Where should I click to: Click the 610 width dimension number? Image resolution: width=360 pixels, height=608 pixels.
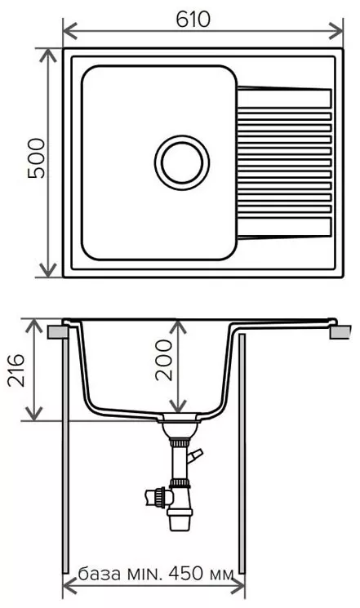pos(193,20)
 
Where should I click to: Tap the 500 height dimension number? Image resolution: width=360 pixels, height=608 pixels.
pos(37,158)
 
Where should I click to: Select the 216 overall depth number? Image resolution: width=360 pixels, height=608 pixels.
pos(16,370)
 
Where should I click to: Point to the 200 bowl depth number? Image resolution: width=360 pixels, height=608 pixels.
pos(163,360)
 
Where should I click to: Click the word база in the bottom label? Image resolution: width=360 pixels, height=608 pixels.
pos(100,574)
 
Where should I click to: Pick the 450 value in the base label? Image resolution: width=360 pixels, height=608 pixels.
pos(185,573)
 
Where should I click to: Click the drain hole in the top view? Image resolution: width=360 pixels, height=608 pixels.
pos(182,162)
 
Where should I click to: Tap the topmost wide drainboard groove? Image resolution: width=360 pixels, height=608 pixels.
pos(284,98)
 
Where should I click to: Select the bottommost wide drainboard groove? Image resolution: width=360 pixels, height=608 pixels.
pos(284,228)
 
